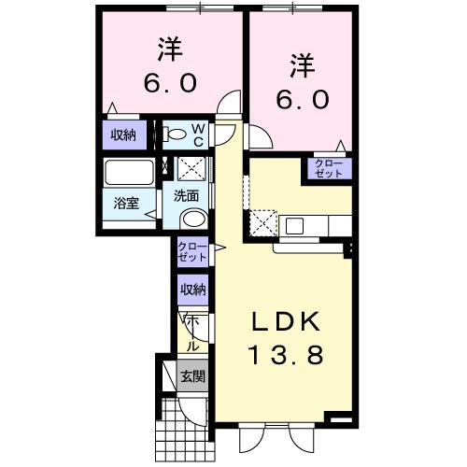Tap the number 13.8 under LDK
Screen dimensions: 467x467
(x=286, y=355)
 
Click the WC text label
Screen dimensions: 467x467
(x=199, y=134)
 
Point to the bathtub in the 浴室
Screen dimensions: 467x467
(x=129, y=174)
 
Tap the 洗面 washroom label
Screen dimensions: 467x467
(x=185, y=197)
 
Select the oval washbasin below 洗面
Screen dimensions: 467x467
(x=193, y=219)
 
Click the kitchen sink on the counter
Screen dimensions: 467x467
(x=296, y=225)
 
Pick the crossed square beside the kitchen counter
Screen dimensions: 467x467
(x=261, y=225)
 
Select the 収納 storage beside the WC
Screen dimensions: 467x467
(x=123, y=134)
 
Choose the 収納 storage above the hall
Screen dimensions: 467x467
(x=193, y=290)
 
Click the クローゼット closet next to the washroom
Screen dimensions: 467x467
(x=193, y=250)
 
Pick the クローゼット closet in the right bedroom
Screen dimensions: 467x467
(x=333, y=169)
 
